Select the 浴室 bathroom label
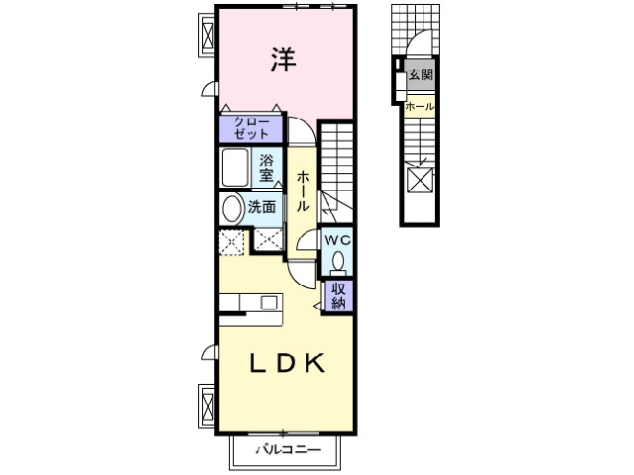coord(265,168)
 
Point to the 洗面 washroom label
coord(262,208)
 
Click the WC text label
coord(337,240)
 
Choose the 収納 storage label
coord(338,295)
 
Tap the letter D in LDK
coord(283,365)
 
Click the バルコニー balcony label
coord(287,450)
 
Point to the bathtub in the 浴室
coord(235,168)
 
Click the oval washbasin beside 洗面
coord(232,209)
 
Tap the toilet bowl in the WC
coord(338,261)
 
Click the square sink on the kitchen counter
coord(267,303)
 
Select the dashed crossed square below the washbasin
coord(231,239)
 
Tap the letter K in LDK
coord(314,365)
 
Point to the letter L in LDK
coord(254,365)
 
